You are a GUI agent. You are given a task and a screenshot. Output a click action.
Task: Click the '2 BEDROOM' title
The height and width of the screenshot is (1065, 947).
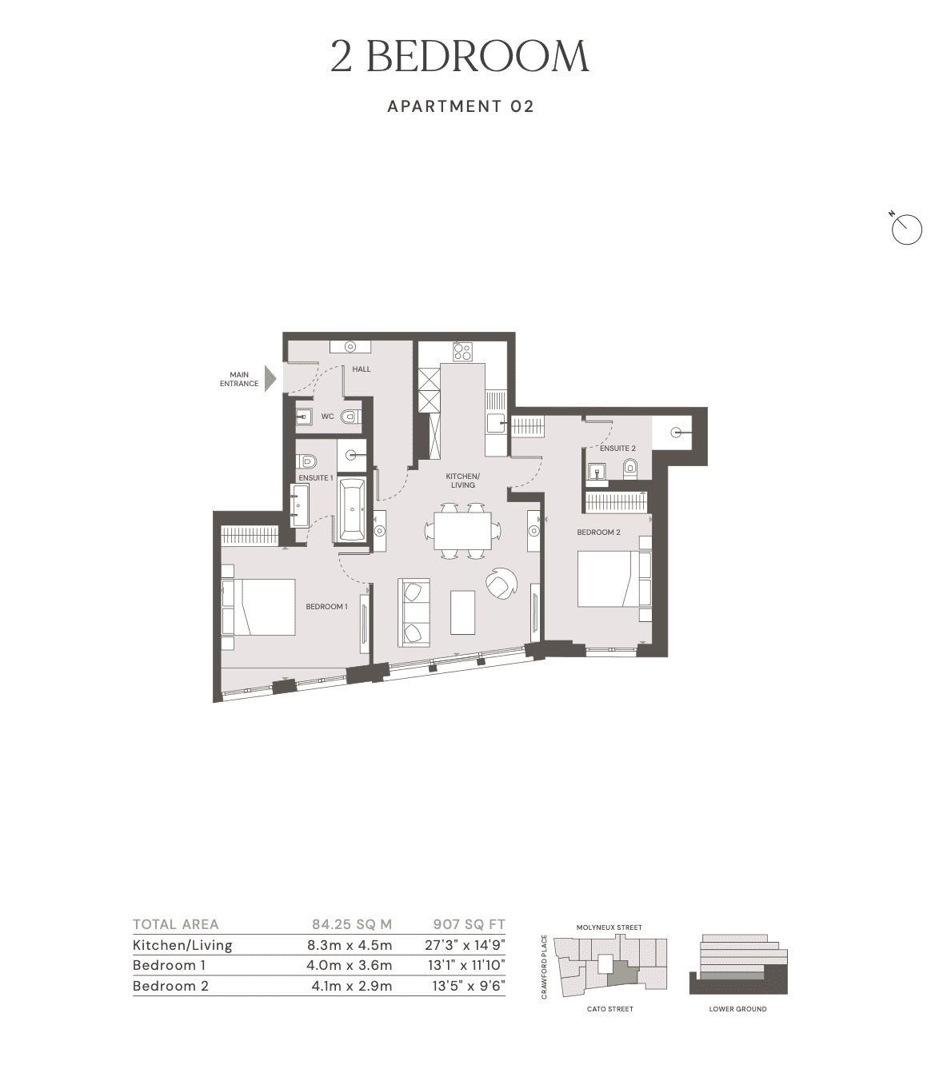460,57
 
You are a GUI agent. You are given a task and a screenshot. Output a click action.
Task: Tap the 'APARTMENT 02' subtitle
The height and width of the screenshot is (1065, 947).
460,106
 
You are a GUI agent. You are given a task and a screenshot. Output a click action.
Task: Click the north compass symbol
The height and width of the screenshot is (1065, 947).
906,229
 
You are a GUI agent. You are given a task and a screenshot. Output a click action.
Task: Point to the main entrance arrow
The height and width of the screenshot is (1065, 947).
270,379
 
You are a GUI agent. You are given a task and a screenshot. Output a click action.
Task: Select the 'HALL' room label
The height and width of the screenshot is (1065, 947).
362,369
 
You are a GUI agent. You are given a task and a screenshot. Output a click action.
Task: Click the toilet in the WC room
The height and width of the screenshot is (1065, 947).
349,417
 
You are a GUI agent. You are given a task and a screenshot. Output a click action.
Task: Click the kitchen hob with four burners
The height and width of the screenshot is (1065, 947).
462,352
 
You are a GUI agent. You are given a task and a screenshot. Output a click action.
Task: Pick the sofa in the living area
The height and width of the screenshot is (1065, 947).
413,612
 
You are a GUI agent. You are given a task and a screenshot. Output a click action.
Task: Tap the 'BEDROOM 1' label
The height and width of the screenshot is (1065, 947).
326,607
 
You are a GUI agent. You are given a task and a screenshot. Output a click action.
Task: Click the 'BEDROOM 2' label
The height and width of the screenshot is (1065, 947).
598,532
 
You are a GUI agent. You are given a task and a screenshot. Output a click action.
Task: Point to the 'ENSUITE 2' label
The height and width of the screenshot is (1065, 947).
617,449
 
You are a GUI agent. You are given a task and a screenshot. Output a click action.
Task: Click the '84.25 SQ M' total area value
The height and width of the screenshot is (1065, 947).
352,924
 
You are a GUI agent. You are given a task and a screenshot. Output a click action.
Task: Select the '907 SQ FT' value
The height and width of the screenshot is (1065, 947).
469,924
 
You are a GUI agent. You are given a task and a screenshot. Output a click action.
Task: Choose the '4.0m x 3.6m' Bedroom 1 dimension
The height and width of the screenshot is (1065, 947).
350,965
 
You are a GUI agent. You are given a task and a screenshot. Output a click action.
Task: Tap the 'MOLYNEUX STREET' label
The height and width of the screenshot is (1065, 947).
609,927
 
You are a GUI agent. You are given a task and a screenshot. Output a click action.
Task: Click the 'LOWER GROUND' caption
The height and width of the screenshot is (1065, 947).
737,1009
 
